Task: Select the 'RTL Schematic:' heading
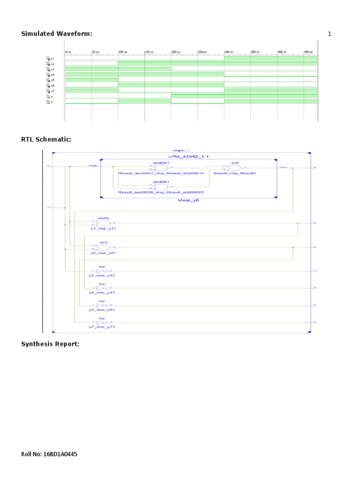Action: tap(46, 140)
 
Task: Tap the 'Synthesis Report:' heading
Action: tap(50, 344)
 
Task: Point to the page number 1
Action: tap(330, 34)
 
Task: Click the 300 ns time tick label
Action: tap(229, 52)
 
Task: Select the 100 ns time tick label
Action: tap(122, 52)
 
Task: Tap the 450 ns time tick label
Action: tap(308, 52)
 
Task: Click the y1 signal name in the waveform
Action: tap(52, 58)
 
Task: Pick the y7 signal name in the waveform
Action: tap(52, 91)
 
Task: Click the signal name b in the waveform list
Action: tap(52, 102)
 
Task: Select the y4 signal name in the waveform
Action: tap(52, 75)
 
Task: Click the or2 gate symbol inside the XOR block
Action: tap(235, 168)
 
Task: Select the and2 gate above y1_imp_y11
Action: tap(103, 223)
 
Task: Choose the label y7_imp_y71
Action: tap(102, 327)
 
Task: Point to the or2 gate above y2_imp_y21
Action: tap(103, 247)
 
